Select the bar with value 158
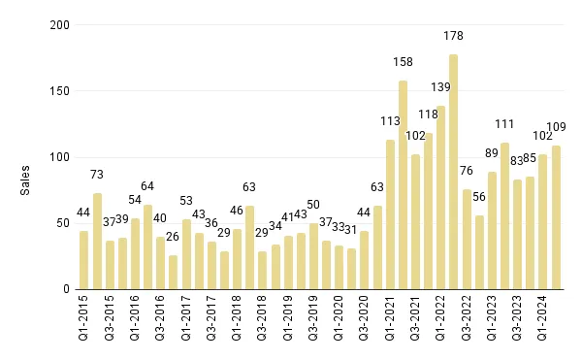403,184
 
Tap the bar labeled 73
97,241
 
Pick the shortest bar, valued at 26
173,272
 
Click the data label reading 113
390,121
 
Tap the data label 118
428,114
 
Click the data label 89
492,152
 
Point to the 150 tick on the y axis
60,91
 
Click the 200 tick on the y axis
60,25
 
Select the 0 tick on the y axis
65,289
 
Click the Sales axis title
26,180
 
